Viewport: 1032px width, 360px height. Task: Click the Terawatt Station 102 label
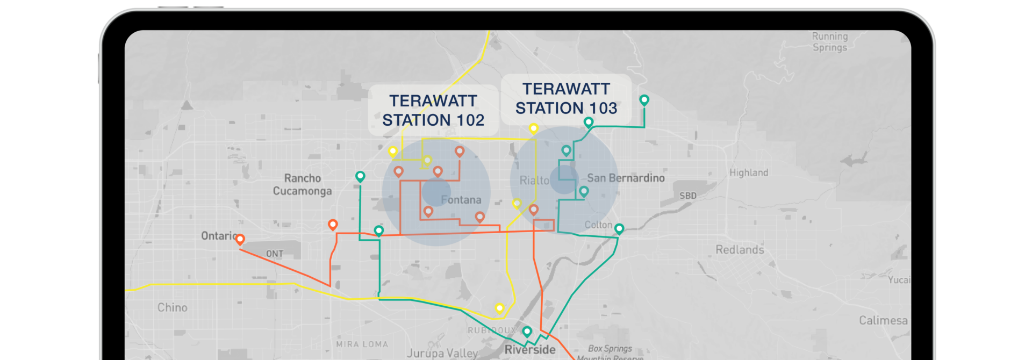(433, 110)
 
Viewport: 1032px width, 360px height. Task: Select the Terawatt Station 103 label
(566, 98)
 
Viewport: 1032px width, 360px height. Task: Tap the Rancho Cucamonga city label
(302, 184)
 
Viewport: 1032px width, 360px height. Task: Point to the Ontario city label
(218, 235)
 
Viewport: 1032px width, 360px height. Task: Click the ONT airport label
(275, 254)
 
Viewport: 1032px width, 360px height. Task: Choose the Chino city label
(173, 307)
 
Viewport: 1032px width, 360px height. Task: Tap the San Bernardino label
(626, 178)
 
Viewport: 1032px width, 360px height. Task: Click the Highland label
(748, 172)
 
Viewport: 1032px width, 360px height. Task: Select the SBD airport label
(687, 196)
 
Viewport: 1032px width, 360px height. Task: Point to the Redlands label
(740, 249)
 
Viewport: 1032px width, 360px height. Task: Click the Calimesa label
(883, 320)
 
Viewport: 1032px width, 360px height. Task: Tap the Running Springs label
(829, 42)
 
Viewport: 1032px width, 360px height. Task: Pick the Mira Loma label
(362, 344)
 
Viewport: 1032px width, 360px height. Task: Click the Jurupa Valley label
(442, 353)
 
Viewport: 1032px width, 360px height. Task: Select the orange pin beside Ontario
(240, 239)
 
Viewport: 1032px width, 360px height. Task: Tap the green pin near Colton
(619, 228)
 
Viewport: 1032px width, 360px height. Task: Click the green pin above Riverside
(527, 331)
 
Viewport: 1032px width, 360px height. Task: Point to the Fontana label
(461, 200)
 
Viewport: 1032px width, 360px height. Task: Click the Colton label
(598, 225)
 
